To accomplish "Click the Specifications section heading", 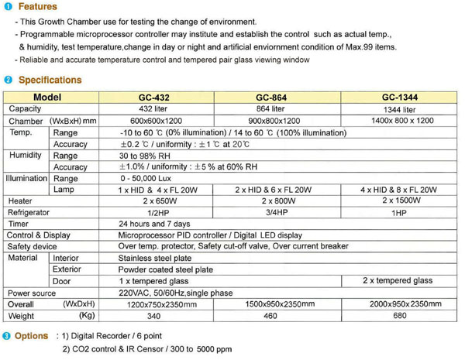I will pos(49,80).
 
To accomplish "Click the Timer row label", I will pos(19,223).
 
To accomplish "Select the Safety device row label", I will pos(32,246).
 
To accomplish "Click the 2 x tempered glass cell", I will pos(398,281).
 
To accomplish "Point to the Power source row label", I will pos(32,293).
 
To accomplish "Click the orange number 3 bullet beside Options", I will pos(7,336).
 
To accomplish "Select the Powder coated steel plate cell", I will pos(164,269).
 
